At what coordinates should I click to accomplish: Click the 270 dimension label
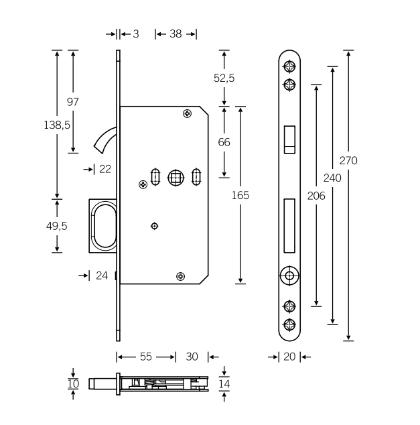[x=348, y=161]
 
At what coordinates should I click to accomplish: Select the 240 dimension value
[x=332, y=178]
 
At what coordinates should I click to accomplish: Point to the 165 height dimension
[x=240, y=195]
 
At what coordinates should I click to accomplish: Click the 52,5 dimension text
[x=224, y=78]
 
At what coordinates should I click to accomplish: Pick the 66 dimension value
[x=224, y=142]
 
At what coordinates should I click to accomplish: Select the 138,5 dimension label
[x=58, y=125]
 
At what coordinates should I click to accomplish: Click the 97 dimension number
[x=73, y=102]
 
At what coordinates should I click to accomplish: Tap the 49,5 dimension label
[x=58, y=225]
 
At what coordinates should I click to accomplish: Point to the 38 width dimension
[x=176, y=34]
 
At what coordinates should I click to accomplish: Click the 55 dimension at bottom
[x=146, y=357]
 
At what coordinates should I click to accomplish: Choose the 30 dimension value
[x=192, y=357]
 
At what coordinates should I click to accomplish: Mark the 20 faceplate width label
[x=289, y=357]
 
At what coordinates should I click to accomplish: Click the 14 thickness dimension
[x=224, y=384]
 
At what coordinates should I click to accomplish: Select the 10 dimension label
[x=73, y=384]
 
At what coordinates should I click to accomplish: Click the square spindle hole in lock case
[x=176, y=178]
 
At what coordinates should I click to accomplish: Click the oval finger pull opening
[x=104, y=226]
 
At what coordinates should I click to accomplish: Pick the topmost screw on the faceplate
[x=289, y=66]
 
